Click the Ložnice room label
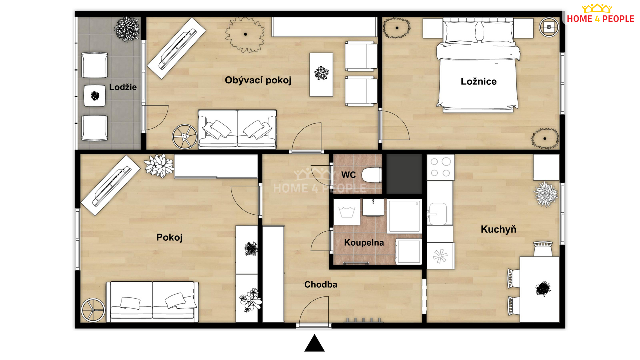pyautogui.click(x=478, y=81)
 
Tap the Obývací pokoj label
pyautogui.click(x=258, y=80)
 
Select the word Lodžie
pyautogui.click(x=123, y=87)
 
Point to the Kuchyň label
pyautogui.click(x=498, y=229)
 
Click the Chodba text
pyautogui.click(x=321, y=284)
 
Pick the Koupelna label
pyautogui.click(x=364, y=243)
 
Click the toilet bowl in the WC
pyautogui.click(x=372, y=175)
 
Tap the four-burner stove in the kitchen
pyautogui.click(x=440, y=167)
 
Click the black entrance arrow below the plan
pyautogui.click(x=314, y=344)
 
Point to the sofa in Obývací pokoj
pyautogui.click(x=237, y=129)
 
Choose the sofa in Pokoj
pyautogui.click(x=152, y=302)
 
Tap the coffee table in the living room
pyautogui.click(x=321, y=75)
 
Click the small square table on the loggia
pyautogui.click(x=95, y=96)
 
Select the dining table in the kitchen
pyautogui.click(x=539, y=289)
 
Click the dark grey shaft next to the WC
pyautogui.click(x=404, y=174)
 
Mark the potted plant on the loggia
pyautogui.click(x=127, y=29)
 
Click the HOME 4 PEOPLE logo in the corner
pyautogui.click(x=600, y=14)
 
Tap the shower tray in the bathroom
pyautogui.click(x=404, y=216)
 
